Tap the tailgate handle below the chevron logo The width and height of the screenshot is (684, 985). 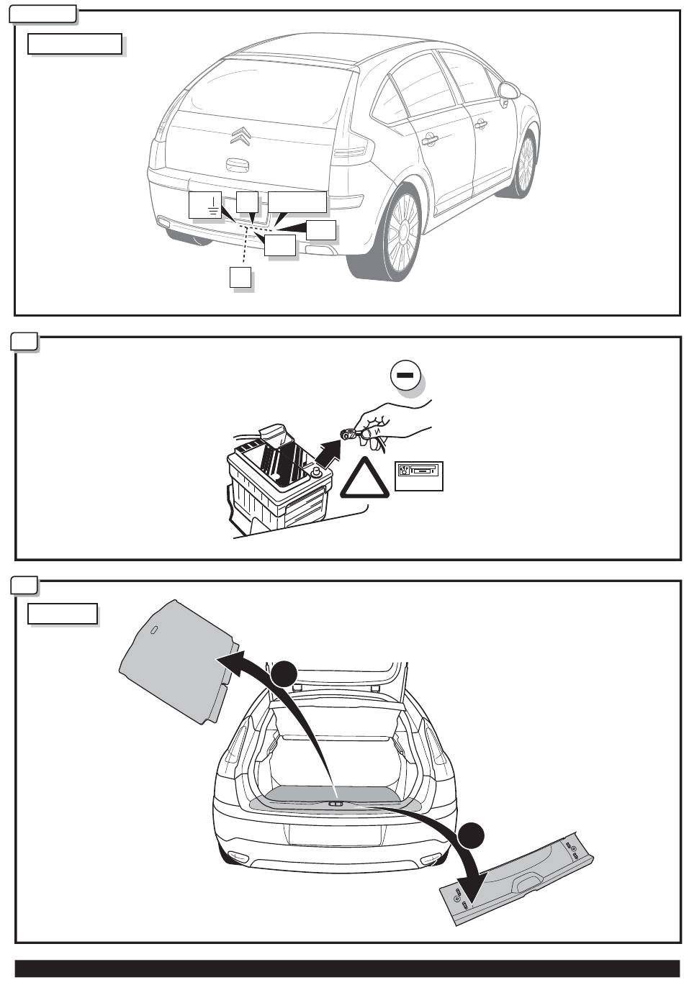238,164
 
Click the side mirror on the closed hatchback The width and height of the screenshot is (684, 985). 508,91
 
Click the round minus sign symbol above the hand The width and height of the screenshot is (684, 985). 405,376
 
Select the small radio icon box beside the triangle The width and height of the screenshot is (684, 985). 418,476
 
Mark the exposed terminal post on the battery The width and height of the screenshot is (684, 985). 315,472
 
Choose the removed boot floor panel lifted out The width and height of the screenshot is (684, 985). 176,658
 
